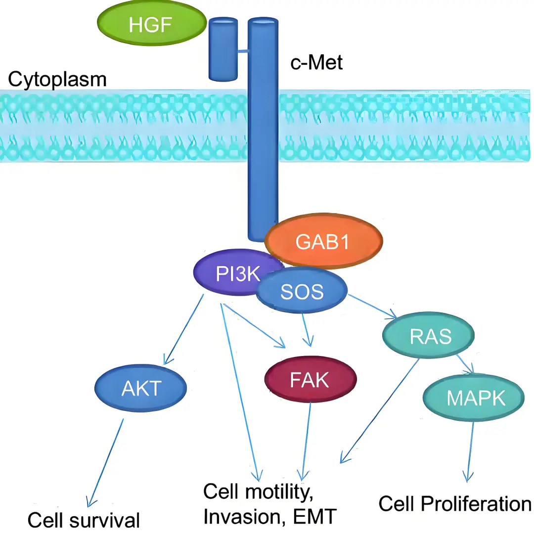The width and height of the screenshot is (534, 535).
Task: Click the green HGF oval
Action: (150, 24)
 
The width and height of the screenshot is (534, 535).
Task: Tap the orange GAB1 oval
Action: (324, 241)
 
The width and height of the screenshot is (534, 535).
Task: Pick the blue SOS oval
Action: (302, 292)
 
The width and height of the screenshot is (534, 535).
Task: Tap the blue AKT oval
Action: (141, 389)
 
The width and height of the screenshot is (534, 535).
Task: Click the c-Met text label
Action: (316, 63)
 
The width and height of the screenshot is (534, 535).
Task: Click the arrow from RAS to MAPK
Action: (465, 363)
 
